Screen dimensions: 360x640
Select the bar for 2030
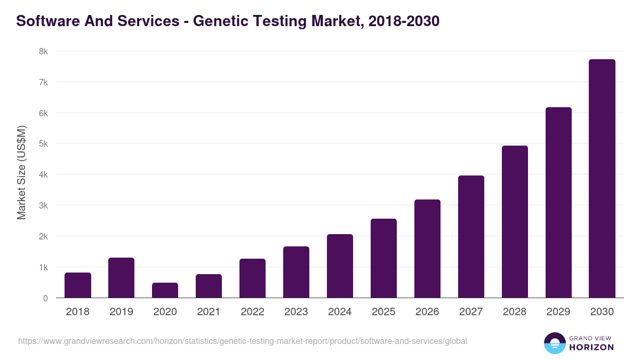click(x=602, y=179)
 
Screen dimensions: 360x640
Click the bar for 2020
click(x=165, y=290)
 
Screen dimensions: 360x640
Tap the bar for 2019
click(x=121, y=278)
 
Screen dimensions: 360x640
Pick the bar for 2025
click(x=383, y=258)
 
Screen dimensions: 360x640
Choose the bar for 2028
click(x=515, y=222)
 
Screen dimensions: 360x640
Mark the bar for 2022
click(x=252, y=278)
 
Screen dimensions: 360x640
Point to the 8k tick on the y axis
click(x=43, y=52)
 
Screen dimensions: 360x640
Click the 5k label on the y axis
click(x=43, y=144)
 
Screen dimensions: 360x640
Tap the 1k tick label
click(x=43, y=267)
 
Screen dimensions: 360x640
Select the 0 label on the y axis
click(x=45, y=298)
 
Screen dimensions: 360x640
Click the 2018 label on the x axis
click(x=78, y=312)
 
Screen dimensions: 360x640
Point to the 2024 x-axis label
click(x=340, y=312)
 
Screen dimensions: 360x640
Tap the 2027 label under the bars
click(x=471, y=312)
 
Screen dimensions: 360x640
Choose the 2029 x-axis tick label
click(x=558, y=312)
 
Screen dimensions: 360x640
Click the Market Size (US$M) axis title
click(x=21, y=172)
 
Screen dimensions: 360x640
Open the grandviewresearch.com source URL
click(x=243, y=341)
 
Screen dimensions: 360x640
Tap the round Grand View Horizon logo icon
click(x=554, y=343)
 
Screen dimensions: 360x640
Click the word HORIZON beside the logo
click(x=591, y=347)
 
